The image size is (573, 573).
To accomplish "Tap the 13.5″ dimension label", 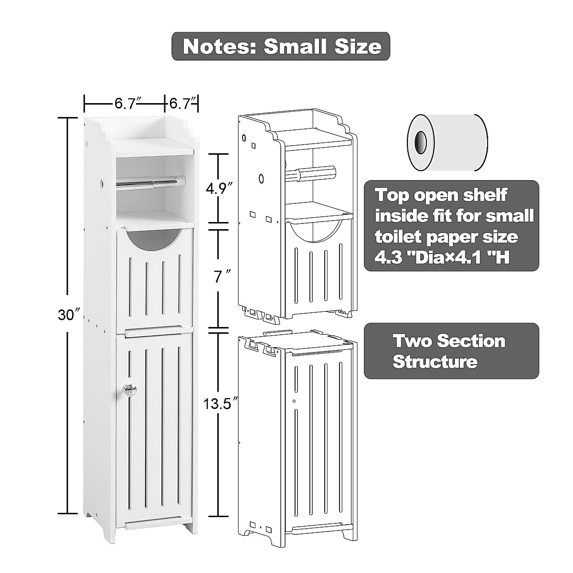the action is click(219, 404).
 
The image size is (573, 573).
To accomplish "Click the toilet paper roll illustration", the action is click(447, 142).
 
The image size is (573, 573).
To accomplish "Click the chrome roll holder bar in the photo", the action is click(150, 181).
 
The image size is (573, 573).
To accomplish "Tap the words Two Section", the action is click(449, 341).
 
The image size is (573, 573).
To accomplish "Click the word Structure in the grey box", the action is click(435, 361).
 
